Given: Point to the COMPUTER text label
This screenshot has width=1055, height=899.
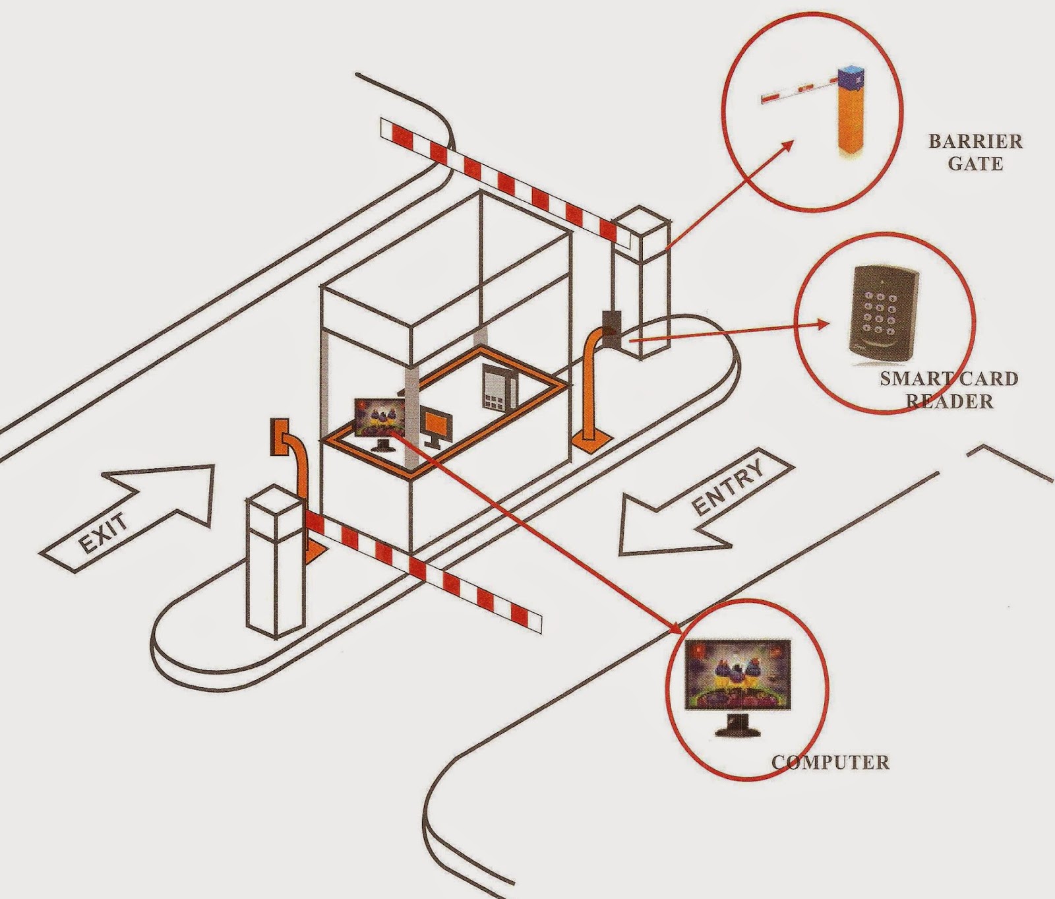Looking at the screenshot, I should tap(831, 763).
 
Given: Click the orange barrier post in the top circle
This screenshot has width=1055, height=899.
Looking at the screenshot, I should tap(853, 119).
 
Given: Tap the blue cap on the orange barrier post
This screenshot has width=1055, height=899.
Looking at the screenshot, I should tap(853, 77).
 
